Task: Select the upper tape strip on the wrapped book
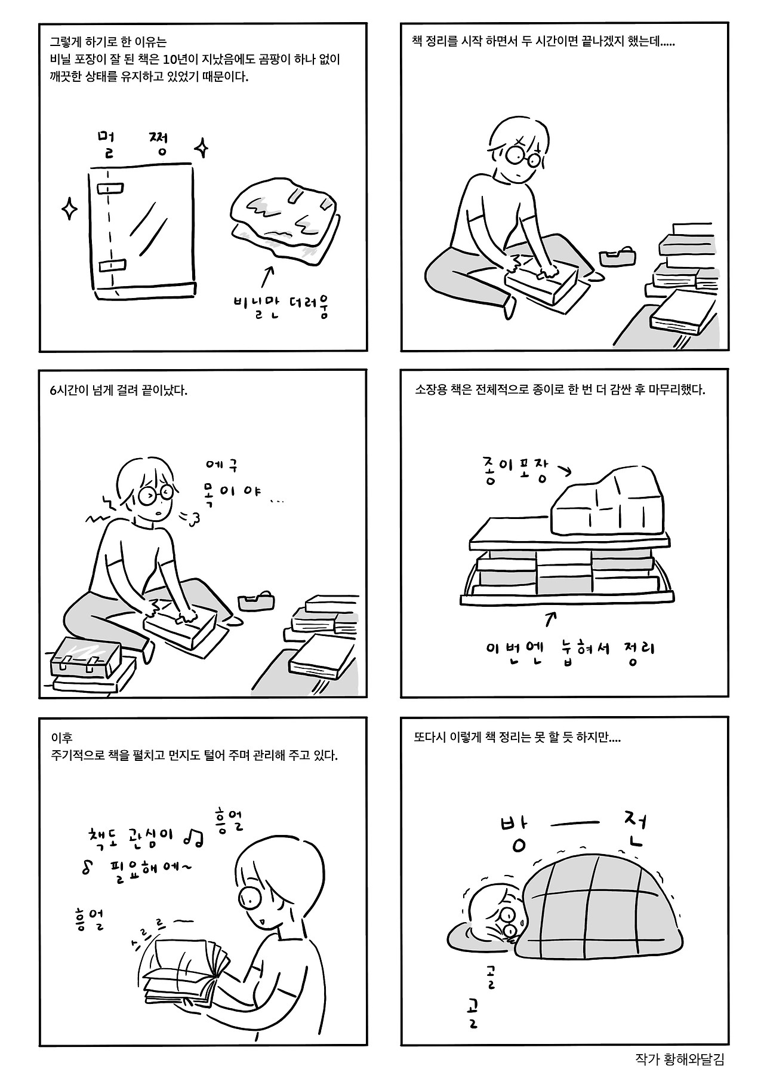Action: tap(110, 189)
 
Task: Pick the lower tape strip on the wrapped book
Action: tap(112, 265)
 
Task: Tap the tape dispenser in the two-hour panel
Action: tap(617, 257)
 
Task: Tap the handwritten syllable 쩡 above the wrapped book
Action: tap(158, 144)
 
